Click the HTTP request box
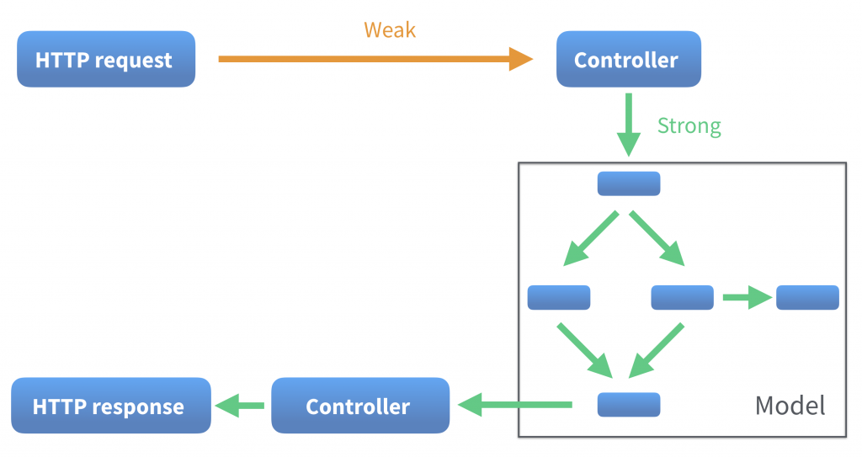click(x=105, y=60)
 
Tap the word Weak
click(x=390, y=30)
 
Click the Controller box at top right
click(x=628, y=60)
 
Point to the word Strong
click(x=689, y=126)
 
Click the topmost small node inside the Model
click(x=628, y=183)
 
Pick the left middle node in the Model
click(x=558, y=297)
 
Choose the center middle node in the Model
click(x=682, y=297)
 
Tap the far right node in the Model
click(x=807, y=297)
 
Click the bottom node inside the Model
click(x=628, y=405)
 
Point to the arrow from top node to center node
click(x=658, y=239)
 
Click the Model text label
click(x=790, y=406)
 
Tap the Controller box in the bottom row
click(x=359, y=407)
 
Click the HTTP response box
click(x=109, y=407)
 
